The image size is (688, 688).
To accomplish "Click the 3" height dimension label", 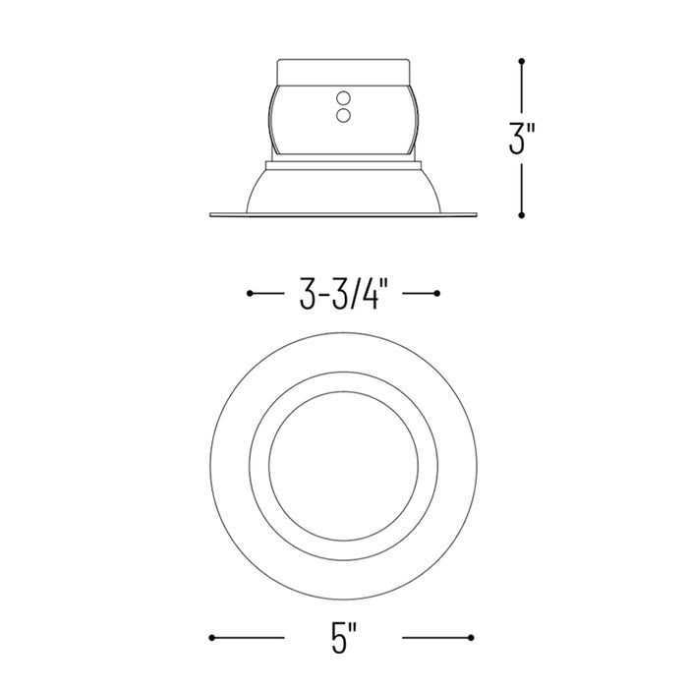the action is (x=522, y=139).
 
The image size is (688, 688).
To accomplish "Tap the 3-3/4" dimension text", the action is (x=344, y=294).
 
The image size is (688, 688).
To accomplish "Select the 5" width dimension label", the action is (x=344, y=638).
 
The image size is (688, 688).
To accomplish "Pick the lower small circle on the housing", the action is (x=343, y=115).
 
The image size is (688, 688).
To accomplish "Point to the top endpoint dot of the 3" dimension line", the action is (x=522, y=61).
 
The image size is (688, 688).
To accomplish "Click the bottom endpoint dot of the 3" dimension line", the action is (x=522, y=215).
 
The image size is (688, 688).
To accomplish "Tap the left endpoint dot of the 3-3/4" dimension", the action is (x=250, y=293).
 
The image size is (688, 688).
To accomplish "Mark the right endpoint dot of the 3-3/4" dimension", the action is (x=437, y=293).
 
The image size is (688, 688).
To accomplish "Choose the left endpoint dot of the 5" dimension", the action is (x=212, y=638).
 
